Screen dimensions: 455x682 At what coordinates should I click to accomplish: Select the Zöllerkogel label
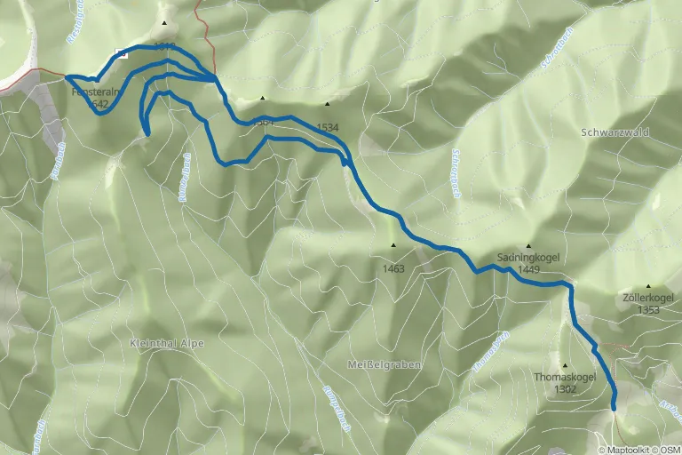(647, 298)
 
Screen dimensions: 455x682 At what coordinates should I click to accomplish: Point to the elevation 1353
(648, 309)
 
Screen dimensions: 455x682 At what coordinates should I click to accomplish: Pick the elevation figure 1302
(565, 388)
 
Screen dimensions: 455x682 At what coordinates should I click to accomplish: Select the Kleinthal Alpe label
(167, 343)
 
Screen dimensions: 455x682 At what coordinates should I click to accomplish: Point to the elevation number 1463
(393, 268)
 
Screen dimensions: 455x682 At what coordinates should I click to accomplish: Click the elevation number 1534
(327, 127)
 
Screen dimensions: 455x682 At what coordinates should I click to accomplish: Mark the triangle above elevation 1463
(393, 245)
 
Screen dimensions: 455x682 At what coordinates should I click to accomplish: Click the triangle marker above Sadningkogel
(528, 246)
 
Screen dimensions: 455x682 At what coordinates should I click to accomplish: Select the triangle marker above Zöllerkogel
(648, 286)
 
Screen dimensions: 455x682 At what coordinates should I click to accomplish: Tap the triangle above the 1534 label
(327, 104)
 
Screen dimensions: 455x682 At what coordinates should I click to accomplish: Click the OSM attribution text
(670, 449)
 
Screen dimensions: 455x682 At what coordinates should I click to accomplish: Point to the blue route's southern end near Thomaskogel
(614, 407)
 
